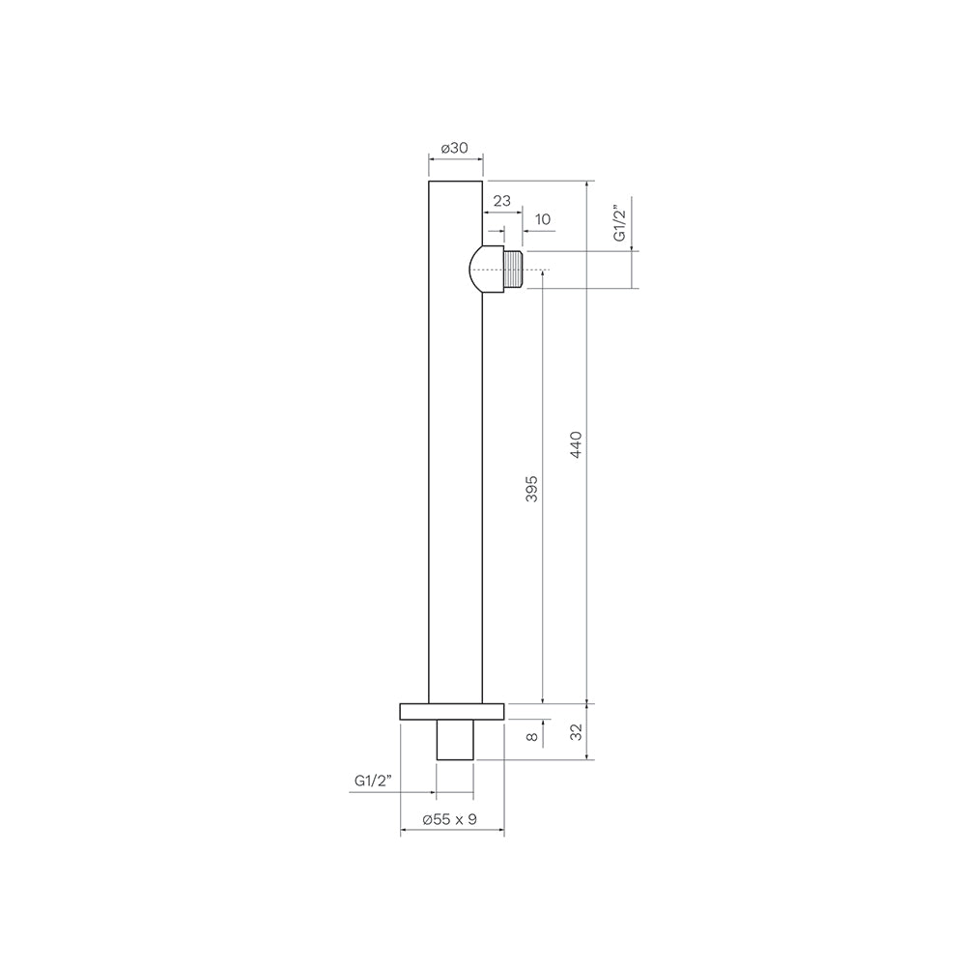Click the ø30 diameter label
tap(454, 148)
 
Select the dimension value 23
tap(502, 201)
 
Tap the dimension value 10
tap(542, 220)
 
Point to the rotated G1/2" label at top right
tap(620, 223)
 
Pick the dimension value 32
tap(576, 733)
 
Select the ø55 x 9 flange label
tap(451, 819)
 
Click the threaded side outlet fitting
tap(513, 270)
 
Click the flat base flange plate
tap(451, 711)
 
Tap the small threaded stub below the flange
tap(455, 739)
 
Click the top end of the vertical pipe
tap(455, 183)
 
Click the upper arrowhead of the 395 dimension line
tap(543, 275)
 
